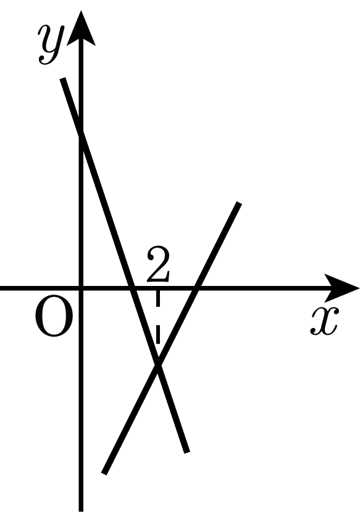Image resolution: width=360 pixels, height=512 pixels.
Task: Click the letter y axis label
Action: coord(50,44)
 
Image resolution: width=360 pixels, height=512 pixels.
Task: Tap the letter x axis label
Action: coord(325,321)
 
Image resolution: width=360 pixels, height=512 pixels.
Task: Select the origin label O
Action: coord(54,316)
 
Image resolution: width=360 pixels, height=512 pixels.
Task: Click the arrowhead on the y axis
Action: coord(81,28)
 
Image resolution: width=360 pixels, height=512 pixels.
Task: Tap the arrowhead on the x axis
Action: coord(341,288)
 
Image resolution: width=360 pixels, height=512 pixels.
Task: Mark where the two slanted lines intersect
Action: coord(157,364)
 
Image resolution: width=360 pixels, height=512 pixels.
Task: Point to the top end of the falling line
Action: coord(62,78)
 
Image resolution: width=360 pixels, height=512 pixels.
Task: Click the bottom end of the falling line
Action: coord(187,452)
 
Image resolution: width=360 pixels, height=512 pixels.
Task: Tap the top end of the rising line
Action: coord(239,203)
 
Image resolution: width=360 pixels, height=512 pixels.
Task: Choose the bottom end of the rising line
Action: coord(104,473)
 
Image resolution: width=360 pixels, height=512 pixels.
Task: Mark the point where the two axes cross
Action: coord(82,288)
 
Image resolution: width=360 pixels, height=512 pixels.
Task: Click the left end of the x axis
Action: coord(1,288)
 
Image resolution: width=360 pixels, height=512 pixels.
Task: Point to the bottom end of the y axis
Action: coord(82,511)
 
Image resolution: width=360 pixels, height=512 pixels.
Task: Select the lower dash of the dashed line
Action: coord(158,334)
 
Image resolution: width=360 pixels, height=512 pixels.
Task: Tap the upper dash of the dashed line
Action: coord(158,299)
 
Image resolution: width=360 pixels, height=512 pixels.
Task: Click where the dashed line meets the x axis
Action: coord(158,288)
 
